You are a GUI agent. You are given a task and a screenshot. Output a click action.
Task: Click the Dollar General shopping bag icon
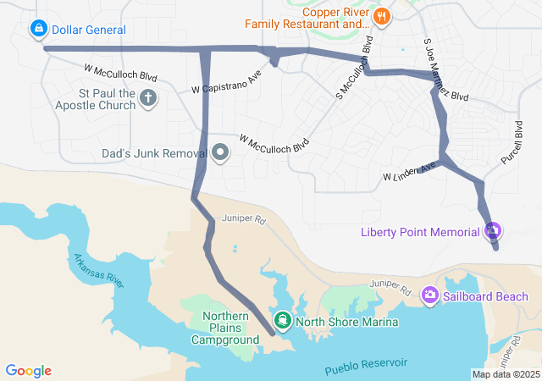pyautogui.click(x=38, y=30)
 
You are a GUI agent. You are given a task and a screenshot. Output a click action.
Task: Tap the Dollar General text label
pyautogui.click(x=88, y=30)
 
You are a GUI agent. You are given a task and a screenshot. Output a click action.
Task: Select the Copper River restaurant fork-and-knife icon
pyautogui.click(x=383, y=14)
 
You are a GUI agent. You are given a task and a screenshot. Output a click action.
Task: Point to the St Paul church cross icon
pyautogui.click(x=148, y=98)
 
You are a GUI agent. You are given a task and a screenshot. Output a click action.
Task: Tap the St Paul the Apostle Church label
pyautogui.click(x=95, y=98)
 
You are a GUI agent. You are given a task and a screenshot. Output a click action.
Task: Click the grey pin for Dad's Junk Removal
pyautogui.click(x=220, y=153)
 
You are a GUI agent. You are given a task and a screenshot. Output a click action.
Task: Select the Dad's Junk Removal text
pyautogui.click(x=154, y=154)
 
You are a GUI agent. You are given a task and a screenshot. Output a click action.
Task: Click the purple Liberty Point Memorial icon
pyautogui.click(x=494, y=230)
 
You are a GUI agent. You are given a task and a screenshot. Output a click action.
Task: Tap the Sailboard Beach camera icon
pyautogui.click(x=430, y=295)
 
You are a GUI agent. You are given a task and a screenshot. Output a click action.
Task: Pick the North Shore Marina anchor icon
pyautogui.click(x=282, y=320)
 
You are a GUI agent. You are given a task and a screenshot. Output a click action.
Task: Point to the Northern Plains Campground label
pyautogui.click(x=224, y=328)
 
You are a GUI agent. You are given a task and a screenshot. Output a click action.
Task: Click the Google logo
pyautogui.click(x=28, y=371)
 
